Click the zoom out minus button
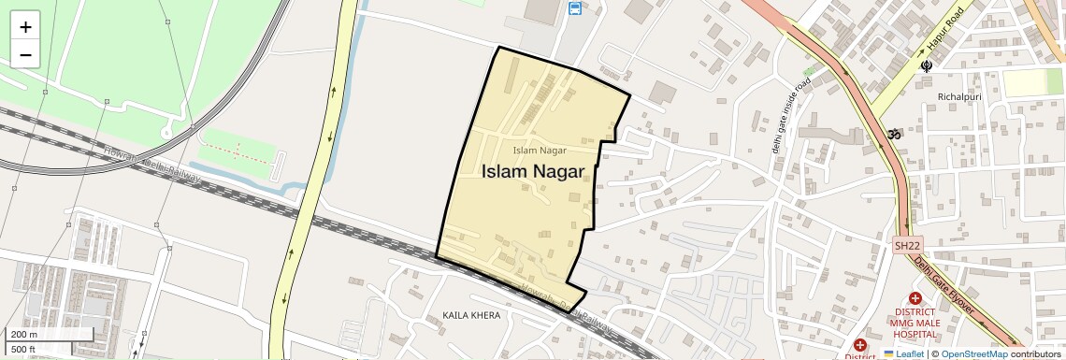point(25,55)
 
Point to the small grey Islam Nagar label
point(540,150)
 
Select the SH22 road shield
point(907,246)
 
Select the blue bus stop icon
point(574,9)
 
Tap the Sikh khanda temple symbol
point(927,66)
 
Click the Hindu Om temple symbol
point(894,135)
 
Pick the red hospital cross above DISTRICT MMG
point(915,298)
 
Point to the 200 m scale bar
point(50,335)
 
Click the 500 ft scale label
point(23,350)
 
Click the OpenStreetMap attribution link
point(973,354)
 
